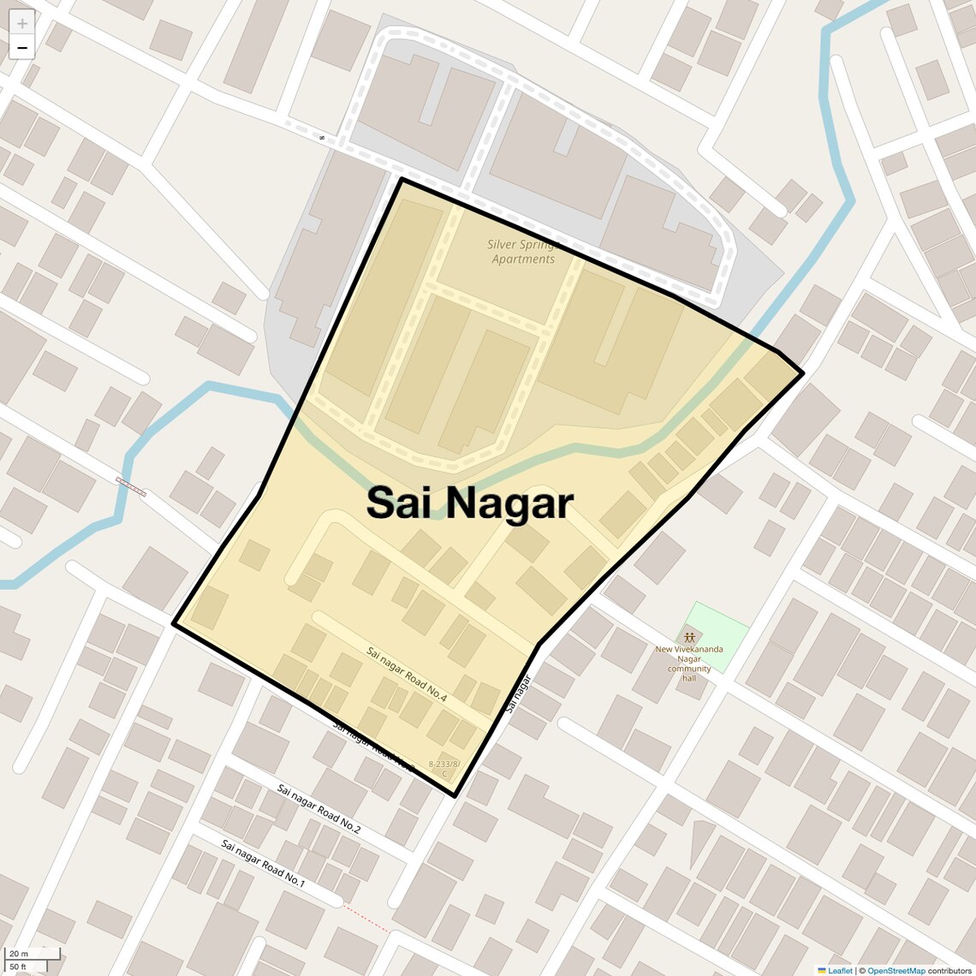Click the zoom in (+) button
pyautogui.click(x=22, y=23)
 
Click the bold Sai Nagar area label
pyautogui.click(x=469, y=503)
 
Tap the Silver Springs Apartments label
pyautogui.click(x=522, y=252)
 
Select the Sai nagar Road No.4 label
pyautogui.click(x=407, y=675)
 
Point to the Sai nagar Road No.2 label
pyautogui.click(x=318, y=808)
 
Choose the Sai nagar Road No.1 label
pyautogui.click(x=263, y=862)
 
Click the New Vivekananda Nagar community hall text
pyautogui.click(x=689, y=664)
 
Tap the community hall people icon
pyautogui.click(x=689, y=637)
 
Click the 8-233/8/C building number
pyautogui.click(x=444, y=767)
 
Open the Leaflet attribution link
pyautogui.click(x=839, y=970)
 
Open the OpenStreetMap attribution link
pyautogui.click(x=896, y=970)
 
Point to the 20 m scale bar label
pyautogui.click(x=19, y=954)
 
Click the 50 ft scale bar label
pyautogui.click(x=19, y=967)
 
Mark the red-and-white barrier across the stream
pyautogui.click(x=131, y=486)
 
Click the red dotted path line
pyautogui.click(x=366, y=919)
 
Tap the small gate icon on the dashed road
pyautogui.click(x=322, y=137)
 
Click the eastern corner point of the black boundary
pyautogui.click(x=802, y=373)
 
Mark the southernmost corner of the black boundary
pyautogui.click(x=455, y=795)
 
